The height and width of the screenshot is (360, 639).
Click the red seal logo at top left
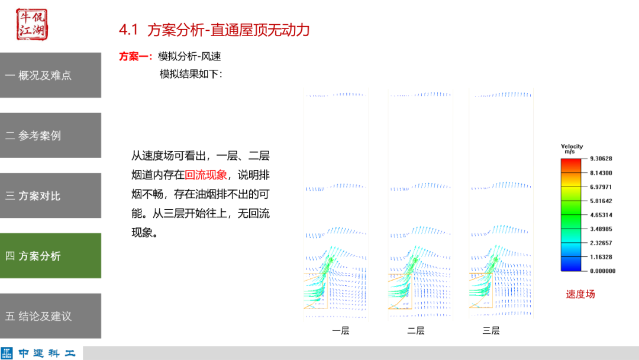31,24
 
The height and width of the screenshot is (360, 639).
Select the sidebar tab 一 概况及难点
50,75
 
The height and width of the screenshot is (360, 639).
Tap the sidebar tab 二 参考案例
50,136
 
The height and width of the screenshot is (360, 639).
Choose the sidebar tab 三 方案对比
50,196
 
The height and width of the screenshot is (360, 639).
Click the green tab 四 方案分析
50,256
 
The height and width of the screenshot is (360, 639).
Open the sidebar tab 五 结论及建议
50,316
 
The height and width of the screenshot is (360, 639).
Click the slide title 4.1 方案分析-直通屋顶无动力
214,30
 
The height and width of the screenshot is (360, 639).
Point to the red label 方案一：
136,57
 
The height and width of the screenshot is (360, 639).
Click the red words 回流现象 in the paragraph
206,175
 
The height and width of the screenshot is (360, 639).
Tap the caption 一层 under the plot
341,330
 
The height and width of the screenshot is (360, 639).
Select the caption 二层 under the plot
416,330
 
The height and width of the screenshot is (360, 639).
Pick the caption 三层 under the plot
491,330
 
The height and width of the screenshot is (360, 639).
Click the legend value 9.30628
601,159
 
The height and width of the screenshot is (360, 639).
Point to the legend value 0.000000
602,271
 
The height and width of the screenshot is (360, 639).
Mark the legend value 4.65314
601,215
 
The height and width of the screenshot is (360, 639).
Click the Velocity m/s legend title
572,149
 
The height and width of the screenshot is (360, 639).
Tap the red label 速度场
580,294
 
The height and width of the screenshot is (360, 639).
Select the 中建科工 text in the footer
47,353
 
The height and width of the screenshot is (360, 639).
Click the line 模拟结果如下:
191,74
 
